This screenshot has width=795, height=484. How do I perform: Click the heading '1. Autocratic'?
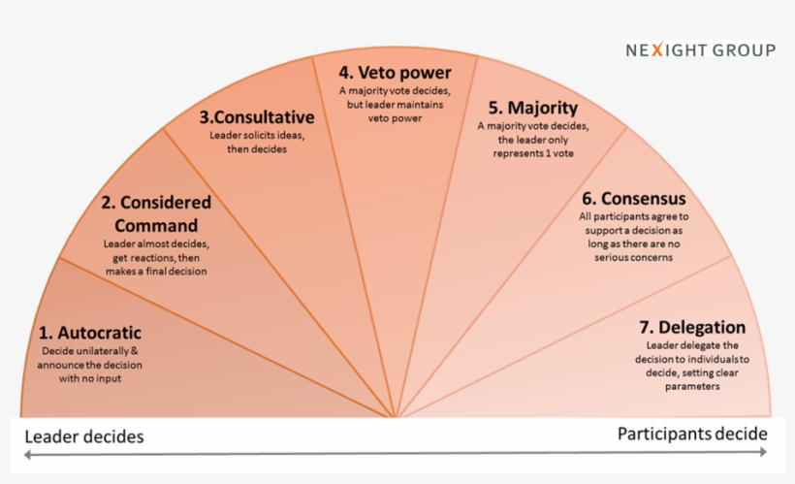(91, 333)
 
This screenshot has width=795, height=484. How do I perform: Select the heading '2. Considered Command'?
(156, 213)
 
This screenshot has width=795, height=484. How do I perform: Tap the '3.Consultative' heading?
(257, 117)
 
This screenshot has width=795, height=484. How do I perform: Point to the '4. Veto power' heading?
(396, 72)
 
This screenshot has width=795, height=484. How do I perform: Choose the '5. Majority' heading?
(533, 108)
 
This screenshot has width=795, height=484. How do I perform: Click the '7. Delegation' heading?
(691, 327)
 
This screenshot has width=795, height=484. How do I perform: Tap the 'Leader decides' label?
(83, 436)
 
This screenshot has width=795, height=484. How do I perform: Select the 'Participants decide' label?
(692, 434)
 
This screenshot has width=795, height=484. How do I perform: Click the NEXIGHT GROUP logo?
(700, 50)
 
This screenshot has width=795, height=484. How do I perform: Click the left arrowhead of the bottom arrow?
(27, 454)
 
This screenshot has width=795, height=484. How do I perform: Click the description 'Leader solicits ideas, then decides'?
(257, 142)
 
